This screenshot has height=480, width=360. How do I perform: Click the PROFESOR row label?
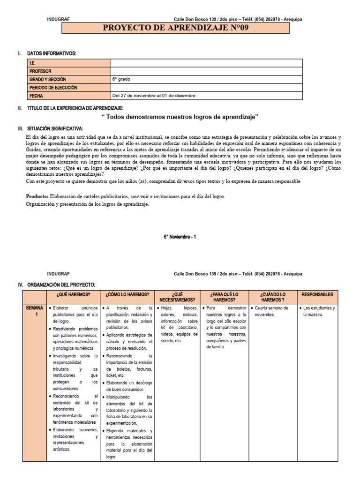(40, 71)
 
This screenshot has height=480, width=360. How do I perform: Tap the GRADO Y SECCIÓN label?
(47, 79)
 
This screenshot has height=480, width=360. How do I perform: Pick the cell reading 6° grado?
(121, 79)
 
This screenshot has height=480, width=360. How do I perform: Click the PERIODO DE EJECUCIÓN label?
(53, 88)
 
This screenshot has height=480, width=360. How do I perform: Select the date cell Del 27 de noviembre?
(154, 96)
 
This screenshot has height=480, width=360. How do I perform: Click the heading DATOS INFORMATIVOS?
(52, 54)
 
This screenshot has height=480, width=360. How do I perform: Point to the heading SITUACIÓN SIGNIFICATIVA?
(55, 128)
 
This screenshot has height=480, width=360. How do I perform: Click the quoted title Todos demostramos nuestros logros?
(180, 116)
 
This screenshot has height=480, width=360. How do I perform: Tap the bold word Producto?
(37, 196)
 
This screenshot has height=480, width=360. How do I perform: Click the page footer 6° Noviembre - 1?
(180, 237)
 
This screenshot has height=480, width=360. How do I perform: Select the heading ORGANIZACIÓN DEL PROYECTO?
(61, 285)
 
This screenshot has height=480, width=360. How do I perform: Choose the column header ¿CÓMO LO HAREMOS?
(127, 294)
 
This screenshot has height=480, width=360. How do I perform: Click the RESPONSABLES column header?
(317, 294)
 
